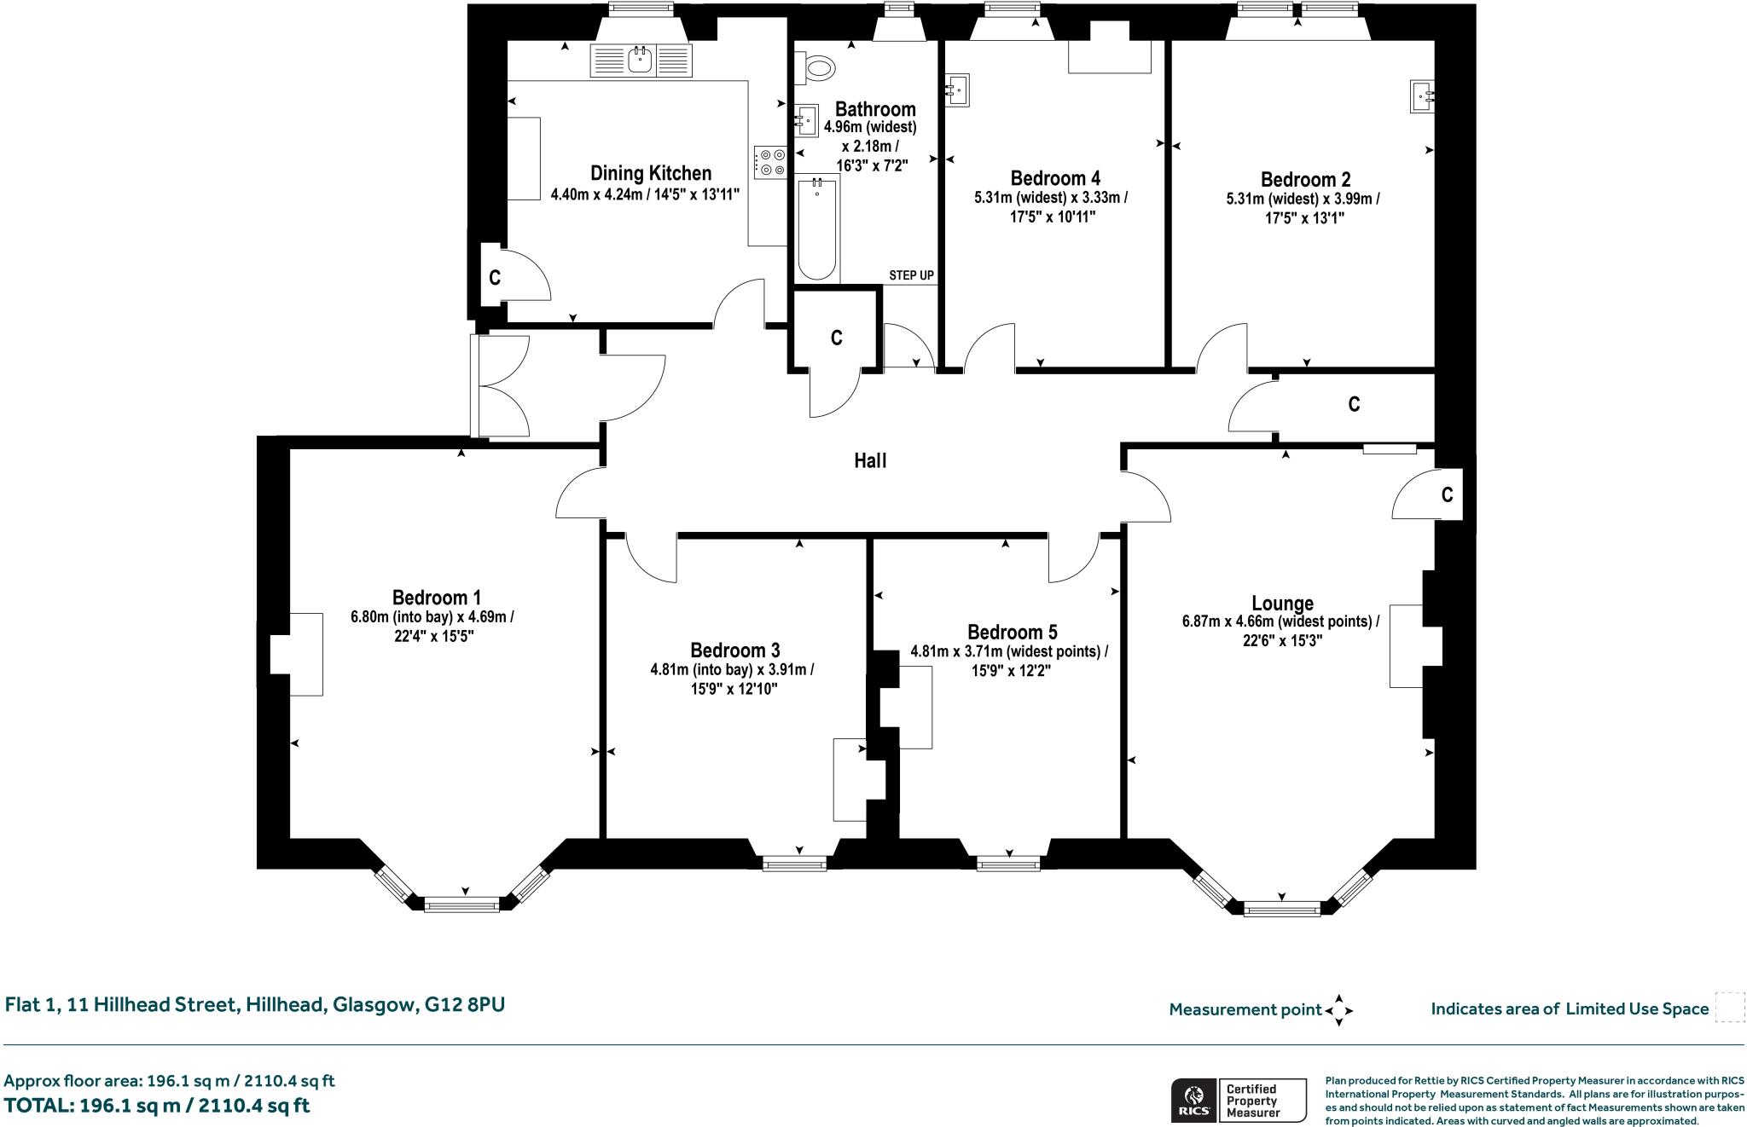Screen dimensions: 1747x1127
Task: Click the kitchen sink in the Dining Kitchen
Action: tap(641, 60)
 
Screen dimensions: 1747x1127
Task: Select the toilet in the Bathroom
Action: tap(814, 68)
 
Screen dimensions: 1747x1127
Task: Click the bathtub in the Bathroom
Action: tap(817, 228)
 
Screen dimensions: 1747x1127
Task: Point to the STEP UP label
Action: tap(911, 275)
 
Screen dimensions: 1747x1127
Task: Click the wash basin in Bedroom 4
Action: tap(957, 90)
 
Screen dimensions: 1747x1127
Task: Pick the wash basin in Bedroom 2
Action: tap(1422, 96)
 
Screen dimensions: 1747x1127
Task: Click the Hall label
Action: tap(870, 461)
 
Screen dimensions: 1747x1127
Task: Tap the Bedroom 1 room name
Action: tap(431, 598)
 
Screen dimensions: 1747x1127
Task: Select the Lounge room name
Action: tap(1282, 604)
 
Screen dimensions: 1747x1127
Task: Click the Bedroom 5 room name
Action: tap(1012, 633)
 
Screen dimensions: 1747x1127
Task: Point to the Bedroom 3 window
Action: tap(795, 864)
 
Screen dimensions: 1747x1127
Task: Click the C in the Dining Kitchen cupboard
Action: tap(494, 278)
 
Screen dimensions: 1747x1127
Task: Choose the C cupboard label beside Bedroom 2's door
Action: tap(1354, 405)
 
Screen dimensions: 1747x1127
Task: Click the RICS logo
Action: tap(1193, 1100)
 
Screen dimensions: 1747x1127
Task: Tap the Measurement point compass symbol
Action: tap(1339, 1010)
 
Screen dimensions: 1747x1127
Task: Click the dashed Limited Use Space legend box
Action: tap(1730, 1008)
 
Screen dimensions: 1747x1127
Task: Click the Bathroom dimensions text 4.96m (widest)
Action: tap(870, 128)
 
